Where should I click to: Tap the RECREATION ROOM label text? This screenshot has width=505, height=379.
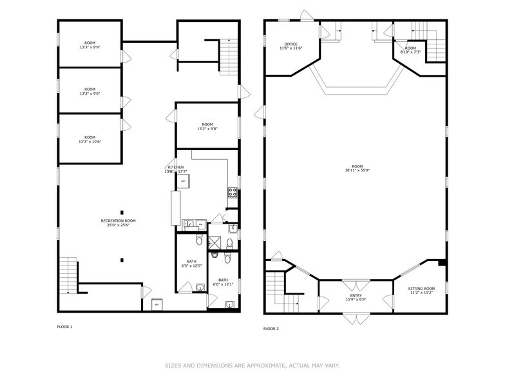coord(118,220)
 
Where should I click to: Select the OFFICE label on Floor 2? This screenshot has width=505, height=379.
coord(291,44)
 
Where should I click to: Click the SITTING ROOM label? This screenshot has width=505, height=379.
coord(422,288)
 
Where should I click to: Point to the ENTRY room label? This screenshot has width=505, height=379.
coord(356,295)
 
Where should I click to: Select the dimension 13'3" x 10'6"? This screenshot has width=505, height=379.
coord(90,141)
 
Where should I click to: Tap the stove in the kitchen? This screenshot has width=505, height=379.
coord(232,191)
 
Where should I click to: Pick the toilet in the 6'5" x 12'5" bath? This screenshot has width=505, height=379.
coord(200,240)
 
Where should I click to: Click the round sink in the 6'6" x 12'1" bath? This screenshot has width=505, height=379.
coord(229,304)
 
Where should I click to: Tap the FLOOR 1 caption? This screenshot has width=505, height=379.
coord(64,327)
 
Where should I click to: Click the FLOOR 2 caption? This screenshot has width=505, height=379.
coord(271,329)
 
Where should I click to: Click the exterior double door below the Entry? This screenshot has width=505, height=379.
coord(356,319)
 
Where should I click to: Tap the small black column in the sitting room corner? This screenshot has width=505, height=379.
coord(441,262)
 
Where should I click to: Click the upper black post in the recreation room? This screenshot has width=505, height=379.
coord(121,211)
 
